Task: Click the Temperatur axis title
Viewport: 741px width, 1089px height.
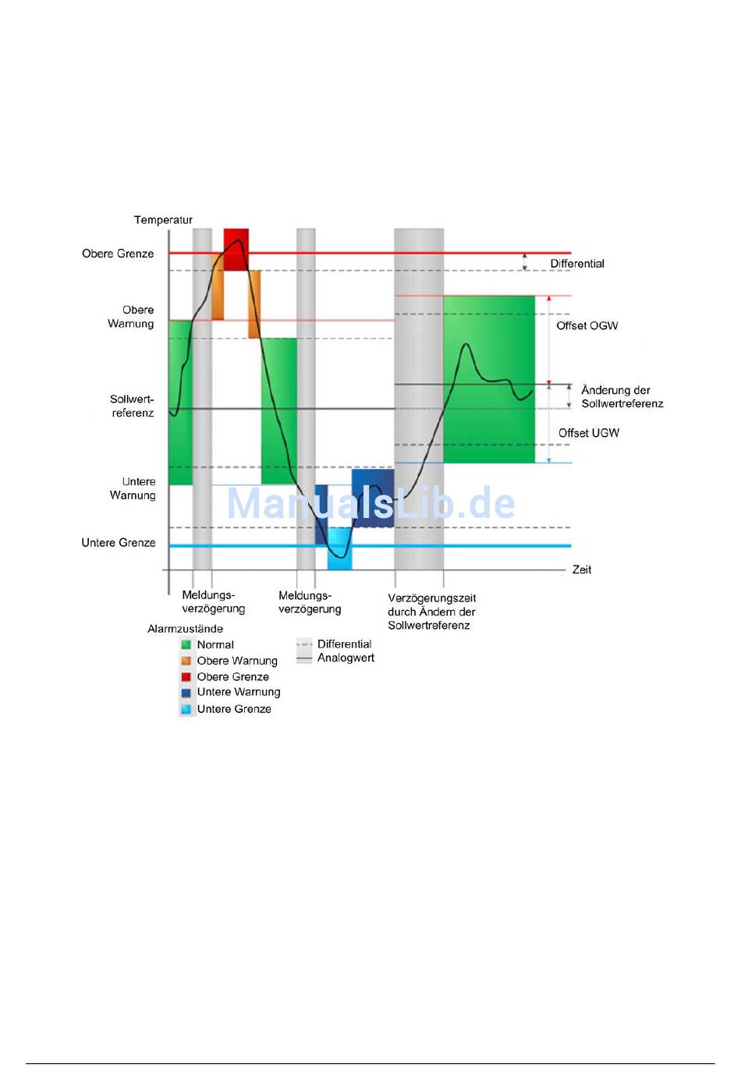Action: (163, 220)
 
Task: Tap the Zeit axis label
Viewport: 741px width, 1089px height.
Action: (582, 569)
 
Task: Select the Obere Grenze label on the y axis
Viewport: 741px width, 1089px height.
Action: (118, 254)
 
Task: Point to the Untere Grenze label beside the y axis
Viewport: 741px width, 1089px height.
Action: (119, 543)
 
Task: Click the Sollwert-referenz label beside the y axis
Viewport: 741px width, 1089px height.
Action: (132, 406)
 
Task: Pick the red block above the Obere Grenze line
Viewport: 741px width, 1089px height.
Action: (236, 238)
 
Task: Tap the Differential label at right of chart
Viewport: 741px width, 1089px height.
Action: (577, 264)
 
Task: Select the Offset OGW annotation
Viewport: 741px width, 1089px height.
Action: (587, 326)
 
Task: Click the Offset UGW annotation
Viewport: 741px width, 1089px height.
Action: (588, 433)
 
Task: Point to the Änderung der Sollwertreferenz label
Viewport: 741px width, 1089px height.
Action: (622, 396)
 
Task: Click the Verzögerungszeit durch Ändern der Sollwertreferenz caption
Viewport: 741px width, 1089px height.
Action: (431, 612)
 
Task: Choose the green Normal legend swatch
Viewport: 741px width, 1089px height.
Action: (186, 644)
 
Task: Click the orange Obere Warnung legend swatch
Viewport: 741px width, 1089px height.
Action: (186, 661)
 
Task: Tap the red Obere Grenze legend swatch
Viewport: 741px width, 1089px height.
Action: (186, 677)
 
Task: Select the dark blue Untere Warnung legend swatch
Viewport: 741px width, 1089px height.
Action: (186, 693)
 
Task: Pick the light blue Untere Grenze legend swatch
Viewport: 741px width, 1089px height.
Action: (186, 709)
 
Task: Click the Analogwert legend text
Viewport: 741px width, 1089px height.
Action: (346, 658)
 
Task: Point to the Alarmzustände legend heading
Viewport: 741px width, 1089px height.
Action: (186, 629)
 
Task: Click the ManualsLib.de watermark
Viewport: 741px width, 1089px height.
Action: (371, 503)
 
